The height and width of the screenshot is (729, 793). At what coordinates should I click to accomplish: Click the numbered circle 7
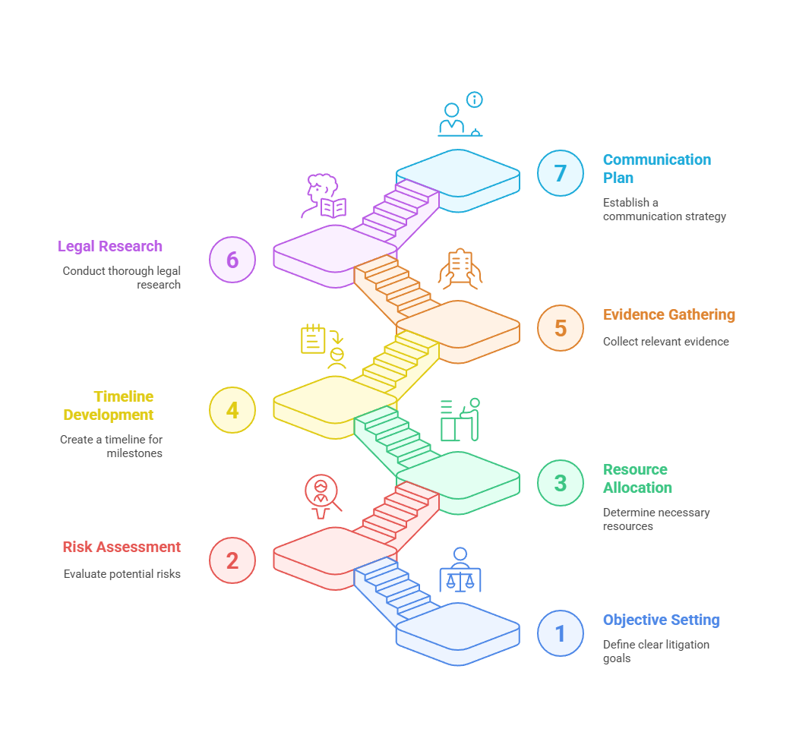560,173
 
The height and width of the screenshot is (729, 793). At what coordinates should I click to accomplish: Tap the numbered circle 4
232,410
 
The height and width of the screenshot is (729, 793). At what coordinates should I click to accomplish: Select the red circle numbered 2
232,560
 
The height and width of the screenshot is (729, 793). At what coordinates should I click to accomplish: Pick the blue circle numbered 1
560,633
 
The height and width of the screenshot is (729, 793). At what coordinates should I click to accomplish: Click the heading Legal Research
110,246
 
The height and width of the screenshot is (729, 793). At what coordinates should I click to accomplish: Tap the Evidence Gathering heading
668,314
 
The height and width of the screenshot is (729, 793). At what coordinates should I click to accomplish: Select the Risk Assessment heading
122,547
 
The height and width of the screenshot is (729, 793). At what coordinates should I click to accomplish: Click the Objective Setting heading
661,620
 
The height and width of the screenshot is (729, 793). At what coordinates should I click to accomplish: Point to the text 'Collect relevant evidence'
665,342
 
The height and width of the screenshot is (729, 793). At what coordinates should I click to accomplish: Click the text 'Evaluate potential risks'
122,574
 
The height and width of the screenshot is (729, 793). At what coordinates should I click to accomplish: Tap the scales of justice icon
460,571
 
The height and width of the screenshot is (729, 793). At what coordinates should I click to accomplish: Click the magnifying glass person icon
322,495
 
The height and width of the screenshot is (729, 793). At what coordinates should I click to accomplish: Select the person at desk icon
460,419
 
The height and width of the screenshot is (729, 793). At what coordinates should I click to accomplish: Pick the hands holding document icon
460,269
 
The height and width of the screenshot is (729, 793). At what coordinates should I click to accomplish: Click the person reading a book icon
325,197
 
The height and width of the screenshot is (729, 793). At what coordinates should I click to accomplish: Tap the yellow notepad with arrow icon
314,339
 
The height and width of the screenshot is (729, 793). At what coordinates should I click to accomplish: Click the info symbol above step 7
475,99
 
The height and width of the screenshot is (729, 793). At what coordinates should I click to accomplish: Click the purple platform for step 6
334,246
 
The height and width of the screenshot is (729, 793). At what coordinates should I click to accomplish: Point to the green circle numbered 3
560,483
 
